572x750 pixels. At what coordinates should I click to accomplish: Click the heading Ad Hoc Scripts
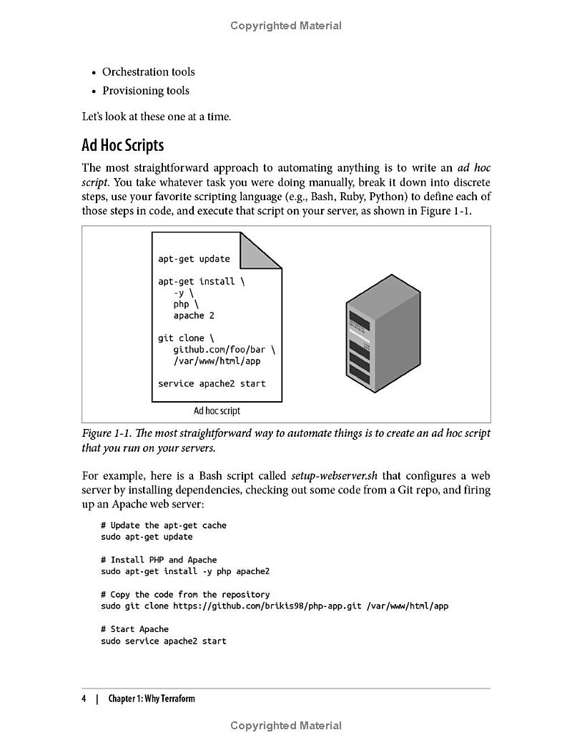(122, 145)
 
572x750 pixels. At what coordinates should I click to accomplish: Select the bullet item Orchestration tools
(148, 71)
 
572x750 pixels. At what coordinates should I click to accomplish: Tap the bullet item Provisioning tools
(145, 90)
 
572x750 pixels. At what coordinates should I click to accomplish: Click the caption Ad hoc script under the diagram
(217, 411)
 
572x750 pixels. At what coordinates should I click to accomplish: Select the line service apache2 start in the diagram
(212, 384)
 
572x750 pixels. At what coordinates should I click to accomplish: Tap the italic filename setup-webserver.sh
(335, 475)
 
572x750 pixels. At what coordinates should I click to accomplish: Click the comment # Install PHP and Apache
(159, 560)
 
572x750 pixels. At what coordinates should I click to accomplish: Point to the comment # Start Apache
(134, 629)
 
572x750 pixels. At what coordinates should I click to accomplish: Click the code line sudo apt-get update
(147, 537)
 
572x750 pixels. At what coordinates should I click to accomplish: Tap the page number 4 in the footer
(84, 699)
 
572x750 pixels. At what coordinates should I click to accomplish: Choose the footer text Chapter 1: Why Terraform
(151, 699)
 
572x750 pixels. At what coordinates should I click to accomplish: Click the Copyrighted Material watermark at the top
(286, 26)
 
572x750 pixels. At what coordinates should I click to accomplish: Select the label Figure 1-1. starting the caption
(107, 433)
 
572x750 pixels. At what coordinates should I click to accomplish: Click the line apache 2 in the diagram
(193, 315)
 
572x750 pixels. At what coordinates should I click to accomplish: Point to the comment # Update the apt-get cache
(163, 526)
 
